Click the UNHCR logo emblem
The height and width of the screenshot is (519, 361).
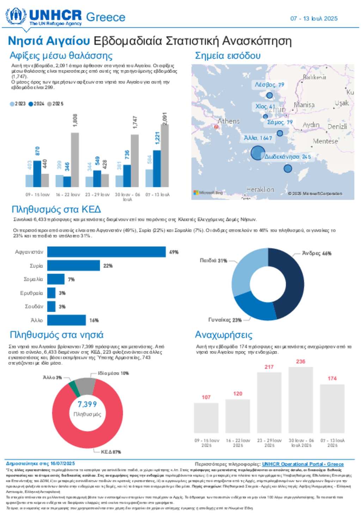coord(16,16)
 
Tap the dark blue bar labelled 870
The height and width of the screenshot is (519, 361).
coord(37,173)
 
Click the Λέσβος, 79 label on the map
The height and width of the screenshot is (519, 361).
coord(269,85)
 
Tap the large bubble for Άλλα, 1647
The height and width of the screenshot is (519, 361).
coord(258,153)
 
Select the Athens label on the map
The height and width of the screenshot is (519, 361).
coord(228,121)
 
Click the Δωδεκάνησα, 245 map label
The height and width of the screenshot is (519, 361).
coord(288,157)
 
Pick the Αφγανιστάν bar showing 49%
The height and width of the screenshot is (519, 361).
coord(106,252)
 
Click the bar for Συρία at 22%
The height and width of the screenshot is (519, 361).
coord(73,265)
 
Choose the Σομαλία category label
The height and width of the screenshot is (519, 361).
coord(33,279)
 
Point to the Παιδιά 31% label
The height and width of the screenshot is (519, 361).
coord(213,261)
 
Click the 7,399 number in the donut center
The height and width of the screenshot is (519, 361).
coord(87,404)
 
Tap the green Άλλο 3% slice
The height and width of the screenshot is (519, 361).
coord(72,384)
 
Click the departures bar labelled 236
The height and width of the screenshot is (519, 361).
coord(300,400)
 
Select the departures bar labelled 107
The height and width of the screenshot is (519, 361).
coord(206,418)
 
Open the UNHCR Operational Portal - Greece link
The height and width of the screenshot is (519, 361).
coord(302,464)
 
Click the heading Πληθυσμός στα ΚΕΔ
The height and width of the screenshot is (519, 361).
coord(56,209)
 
